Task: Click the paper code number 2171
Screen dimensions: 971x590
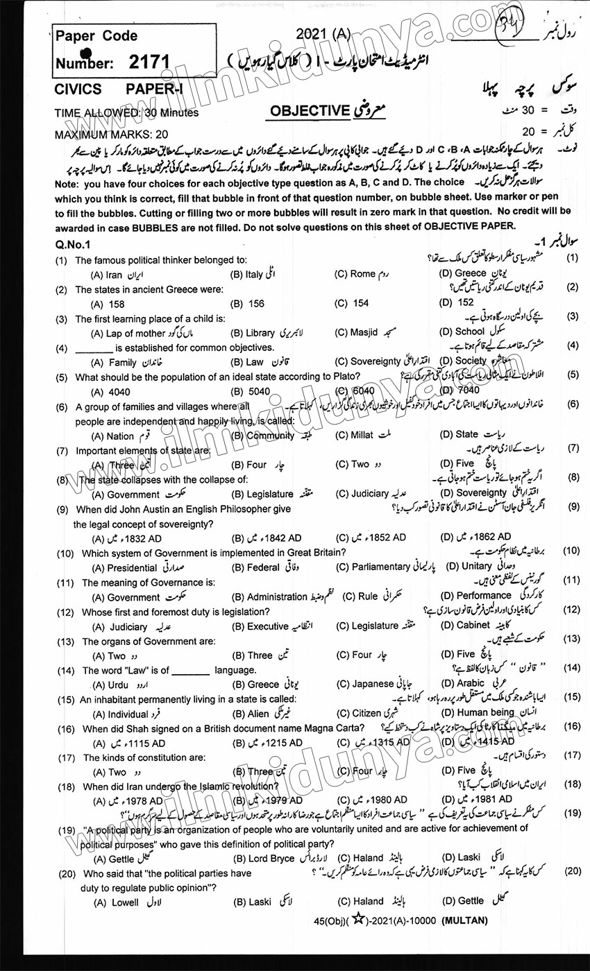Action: click(x=149, y=62)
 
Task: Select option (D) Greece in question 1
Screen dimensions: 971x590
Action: click(x=462, y=273)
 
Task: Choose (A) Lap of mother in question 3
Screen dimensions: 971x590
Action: click(x=132, y=332)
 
